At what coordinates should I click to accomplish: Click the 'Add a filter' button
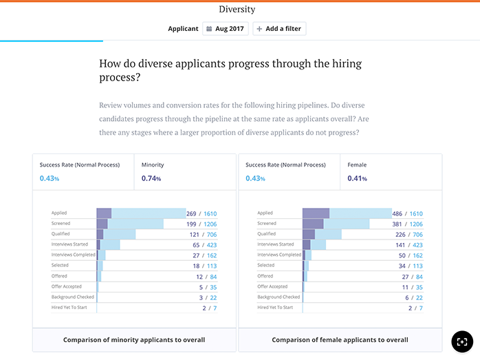[279, 29]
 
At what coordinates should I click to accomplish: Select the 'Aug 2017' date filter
[226, 29]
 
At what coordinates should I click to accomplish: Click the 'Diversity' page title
[237, 10]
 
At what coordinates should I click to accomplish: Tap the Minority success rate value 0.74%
[151, 179]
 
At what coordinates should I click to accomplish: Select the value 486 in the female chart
[397, 213]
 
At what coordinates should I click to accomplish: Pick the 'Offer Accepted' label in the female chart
[272, 286]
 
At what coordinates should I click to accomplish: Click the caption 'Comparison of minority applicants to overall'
[133, 340]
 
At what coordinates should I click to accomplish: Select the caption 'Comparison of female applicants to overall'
[340, 340]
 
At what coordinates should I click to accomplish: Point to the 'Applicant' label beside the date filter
[183, 29]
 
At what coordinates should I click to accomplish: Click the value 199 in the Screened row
[191, 224]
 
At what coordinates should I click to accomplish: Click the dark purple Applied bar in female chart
[316, 213]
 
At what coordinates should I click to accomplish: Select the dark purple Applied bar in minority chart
[104, 213]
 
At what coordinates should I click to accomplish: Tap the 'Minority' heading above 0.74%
[153, 165]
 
